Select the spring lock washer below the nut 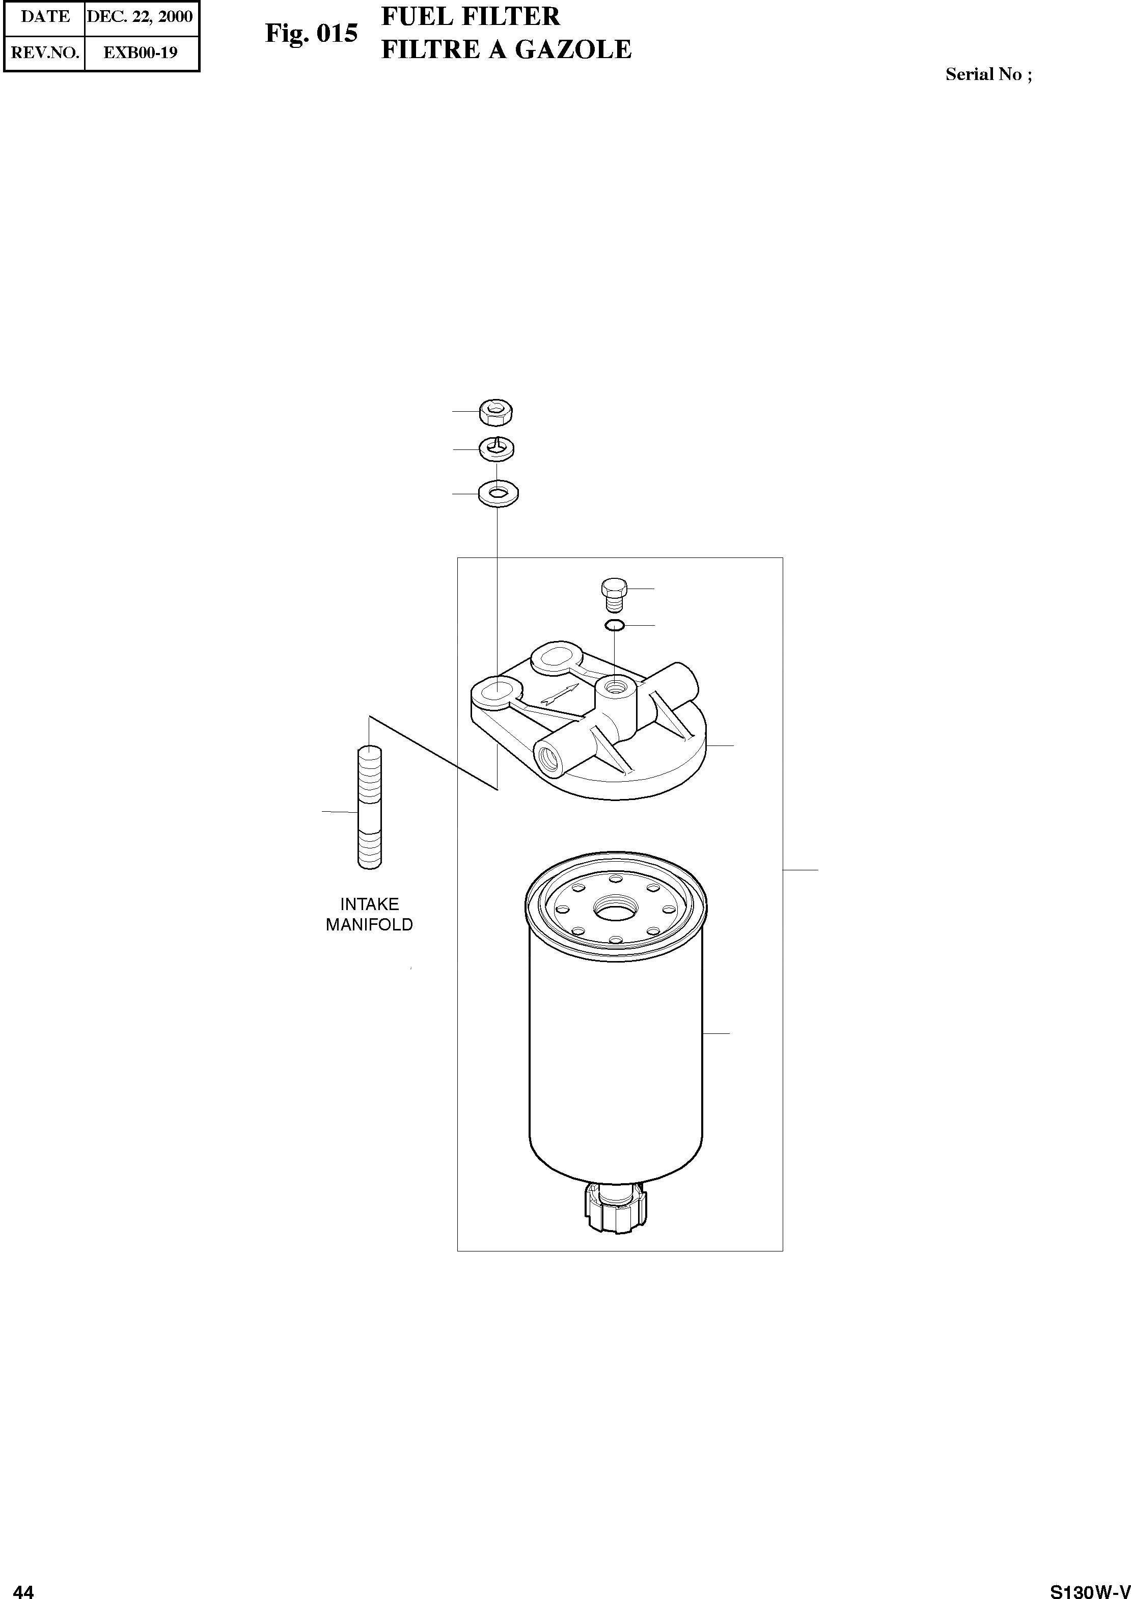point(496,449)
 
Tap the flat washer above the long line point(498,494)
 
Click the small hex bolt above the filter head point(614,594)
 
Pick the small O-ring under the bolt point(614,625)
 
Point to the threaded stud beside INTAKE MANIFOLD point(370,808)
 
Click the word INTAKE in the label point(369,904)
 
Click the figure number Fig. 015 point(311,34)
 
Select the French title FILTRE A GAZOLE point(506,49)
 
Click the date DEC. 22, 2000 point(140,17)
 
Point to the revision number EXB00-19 point(140,52)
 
